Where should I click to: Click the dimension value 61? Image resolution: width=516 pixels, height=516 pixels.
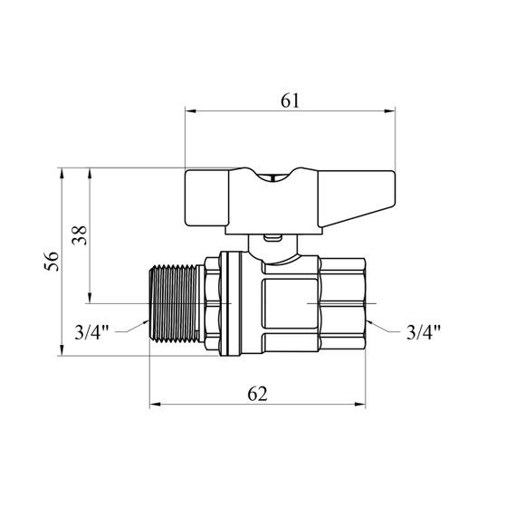click(290, 100)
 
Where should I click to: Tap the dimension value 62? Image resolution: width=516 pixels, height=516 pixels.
click(257, 394)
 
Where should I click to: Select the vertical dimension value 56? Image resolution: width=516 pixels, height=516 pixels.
click(52, 262)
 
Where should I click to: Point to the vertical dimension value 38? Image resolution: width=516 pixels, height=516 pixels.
click(80, 235)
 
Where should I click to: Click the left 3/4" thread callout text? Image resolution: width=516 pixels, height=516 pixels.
click(91, 332)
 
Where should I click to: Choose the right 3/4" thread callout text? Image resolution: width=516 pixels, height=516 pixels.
click(424, 332)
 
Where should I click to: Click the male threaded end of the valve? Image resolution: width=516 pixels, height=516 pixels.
click(174, 303)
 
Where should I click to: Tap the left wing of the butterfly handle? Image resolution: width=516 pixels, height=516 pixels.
click(206, 198)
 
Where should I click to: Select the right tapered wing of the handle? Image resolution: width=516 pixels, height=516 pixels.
click(357, 197)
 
